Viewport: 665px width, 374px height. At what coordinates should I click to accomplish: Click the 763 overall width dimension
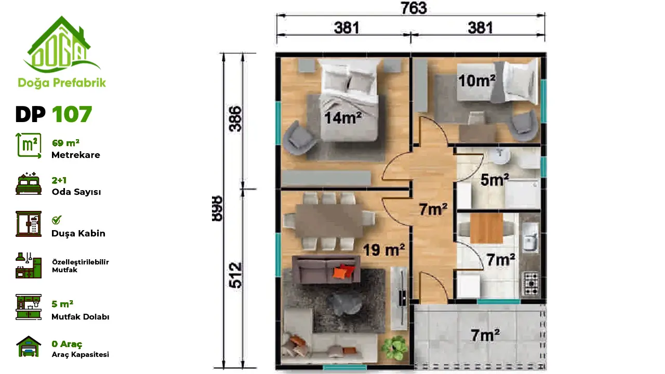point(414,8)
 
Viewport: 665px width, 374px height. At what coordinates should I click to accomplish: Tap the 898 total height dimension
point(217,208)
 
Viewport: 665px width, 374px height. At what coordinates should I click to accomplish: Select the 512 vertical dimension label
point(236,275)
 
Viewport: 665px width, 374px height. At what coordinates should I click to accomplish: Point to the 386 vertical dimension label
point(235,119)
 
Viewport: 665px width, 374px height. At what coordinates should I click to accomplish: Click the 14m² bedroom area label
point(343,118)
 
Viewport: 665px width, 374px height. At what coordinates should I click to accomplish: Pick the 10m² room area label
point(477,81)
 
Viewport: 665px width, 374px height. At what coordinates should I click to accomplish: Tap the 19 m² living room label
point(384,250)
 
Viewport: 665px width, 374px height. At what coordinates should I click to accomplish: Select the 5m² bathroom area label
point(495,180)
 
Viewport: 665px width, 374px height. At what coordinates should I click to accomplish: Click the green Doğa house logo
point(62,44)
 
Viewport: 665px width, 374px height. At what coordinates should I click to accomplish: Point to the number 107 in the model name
point(72,114)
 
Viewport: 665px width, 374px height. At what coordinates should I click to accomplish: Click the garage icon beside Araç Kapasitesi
point(29,346)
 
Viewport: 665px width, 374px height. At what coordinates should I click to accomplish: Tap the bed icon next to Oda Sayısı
point(29,183)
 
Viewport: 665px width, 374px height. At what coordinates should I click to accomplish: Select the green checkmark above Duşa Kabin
point(57,220)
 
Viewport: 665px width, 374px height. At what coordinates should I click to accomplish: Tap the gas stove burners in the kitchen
point(531,284)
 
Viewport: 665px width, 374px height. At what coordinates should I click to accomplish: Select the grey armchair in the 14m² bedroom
point(298,138)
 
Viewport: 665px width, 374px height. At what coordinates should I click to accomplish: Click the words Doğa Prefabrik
point(62,83)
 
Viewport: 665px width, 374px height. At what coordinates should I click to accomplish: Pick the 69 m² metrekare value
point(65,143)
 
